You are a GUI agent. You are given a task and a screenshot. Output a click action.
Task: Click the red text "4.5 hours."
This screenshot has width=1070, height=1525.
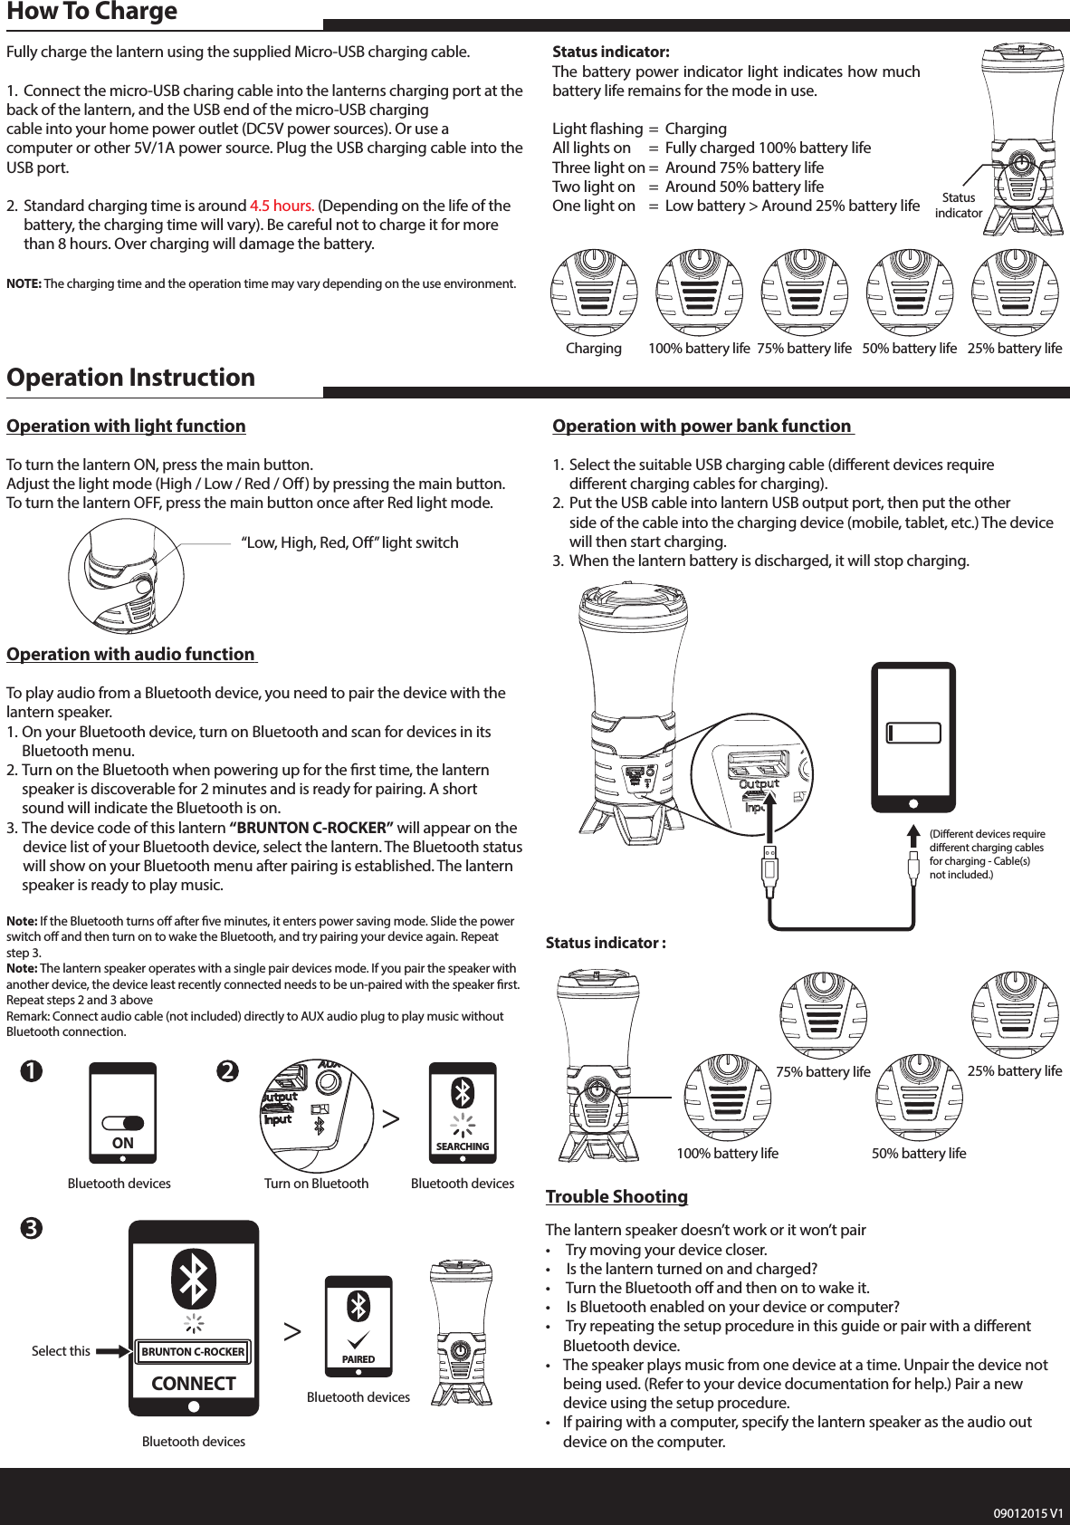tap(282, 206)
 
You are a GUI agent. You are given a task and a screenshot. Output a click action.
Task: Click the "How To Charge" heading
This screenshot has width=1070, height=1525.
tap(92, 13)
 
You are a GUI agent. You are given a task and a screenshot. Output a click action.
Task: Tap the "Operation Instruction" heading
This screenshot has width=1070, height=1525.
tap(131, 378)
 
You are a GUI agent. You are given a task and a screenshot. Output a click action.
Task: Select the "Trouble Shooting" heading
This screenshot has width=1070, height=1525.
tap(616, 1196)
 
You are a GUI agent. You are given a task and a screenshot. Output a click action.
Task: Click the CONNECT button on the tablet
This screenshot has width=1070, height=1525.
tap(194, 1384)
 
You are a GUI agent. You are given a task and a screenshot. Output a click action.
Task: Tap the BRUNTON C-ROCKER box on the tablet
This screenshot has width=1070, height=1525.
tap(193, 1352)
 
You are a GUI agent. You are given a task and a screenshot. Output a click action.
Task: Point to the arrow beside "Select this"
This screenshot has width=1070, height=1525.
tap(113, 1352)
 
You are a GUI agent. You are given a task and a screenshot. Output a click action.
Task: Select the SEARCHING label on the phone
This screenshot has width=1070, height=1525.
tap(463, 1146)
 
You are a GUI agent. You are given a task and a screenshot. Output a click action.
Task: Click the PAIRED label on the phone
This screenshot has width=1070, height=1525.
tap(358, 1359)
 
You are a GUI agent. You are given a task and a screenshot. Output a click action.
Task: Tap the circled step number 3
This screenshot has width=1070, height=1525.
tap(32, 1229)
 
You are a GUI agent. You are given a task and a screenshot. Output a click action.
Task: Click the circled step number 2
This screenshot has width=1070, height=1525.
tap(227, 1071)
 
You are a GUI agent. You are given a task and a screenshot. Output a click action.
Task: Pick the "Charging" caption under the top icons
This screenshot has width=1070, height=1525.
tap(594, 349)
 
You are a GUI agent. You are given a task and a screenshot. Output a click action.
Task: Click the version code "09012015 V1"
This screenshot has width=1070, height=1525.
tap(1027, 1513)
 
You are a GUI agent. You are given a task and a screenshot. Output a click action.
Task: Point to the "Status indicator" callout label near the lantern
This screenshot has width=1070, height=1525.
tap(958, 206)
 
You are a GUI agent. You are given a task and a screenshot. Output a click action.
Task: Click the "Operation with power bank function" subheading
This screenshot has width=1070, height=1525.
tap(702, 427)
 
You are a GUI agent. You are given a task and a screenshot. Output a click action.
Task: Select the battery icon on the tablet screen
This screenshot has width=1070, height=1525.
tap(913, 733)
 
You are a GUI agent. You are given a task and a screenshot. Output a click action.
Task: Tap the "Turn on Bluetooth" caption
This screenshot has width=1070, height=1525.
tap(316, 1184)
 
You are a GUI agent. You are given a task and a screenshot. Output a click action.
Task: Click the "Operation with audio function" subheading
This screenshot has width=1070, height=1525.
tap(131, 655)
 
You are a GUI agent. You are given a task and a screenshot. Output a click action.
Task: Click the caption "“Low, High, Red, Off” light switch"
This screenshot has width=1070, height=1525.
tap(349, 542)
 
